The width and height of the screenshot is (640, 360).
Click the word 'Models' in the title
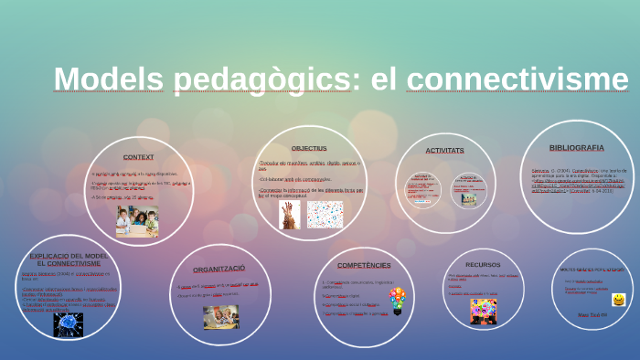point(109,79)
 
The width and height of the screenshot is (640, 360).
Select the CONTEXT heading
point(138,156)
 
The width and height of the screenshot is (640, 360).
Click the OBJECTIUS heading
point(309,148)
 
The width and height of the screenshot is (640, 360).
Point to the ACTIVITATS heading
point(444,150)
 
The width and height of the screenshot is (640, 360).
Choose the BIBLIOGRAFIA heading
point(576,147)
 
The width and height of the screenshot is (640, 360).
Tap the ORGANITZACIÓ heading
point(219,269)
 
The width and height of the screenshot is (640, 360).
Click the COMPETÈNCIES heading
point(364,265)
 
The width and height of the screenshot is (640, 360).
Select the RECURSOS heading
point(483,265)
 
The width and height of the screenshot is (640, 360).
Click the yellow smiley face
point(619,300)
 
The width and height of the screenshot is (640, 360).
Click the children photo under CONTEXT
point(137,220)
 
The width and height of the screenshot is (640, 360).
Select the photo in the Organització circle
point(220,316)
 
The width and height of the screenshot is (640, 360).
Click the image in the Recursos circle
point(484,311)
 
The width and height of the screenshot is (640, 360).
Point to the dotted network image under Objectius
point(325,214)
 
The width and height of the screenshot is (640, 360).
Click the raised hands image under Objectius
point(290,214)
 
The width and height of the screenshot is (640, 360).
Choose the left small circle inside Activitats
point(423,190)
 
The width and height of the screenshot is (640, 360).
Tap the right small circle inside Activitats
point(468,190)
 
